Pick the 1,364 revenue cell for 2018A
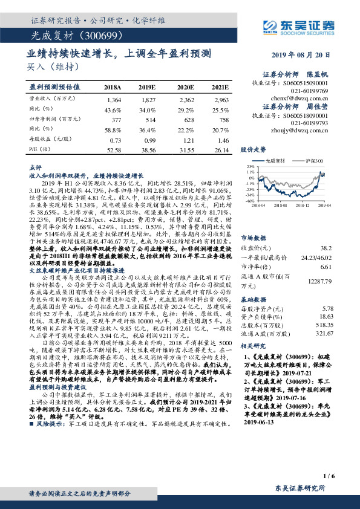tap(113, 99)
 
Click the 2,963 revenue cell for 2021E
tap(221, 99)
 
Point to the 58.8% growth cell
tap(113, 129)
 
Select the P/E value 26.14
tap(221, 149)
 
